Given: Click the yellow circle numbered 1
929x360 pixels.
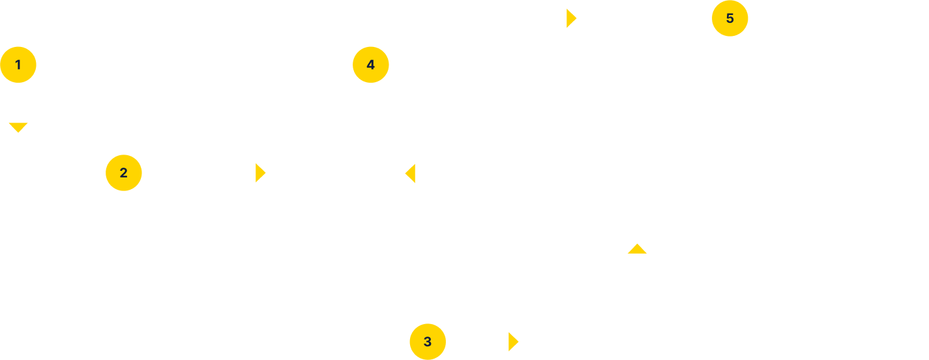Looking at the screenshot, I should click(x=18, y=65).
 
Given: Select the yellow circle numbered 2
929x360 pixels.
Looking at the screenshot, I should click(x=124, y=173).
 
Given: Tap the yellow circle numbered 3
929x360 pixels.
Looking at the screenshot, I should click(x=428, y=341).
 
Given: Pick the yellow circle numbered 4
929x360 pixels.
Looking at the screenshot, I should click(x=371, y=65).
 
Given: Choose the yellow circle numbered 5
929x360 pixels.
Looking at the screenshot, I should click(x=730, y=18).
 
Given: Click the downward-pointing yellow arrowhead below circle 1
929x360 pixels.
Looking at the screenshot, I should click(x=18, y=127).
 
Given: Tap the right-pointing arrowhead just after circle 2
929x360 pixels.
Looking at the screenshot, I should click(x=260, y=173).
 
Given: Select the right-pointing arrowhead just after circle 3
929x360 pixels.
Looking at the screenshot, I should click(x=513, y=341).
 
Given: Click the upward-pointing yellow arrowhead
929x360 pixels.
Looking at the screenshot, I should click(x=637, y=248).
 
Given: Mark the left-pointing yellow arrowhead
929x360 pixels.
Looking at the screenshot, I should click(x=410, y=173).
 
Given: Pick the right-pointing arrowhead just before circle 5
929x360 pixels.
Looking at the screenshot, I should click(x=571, y=18).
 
